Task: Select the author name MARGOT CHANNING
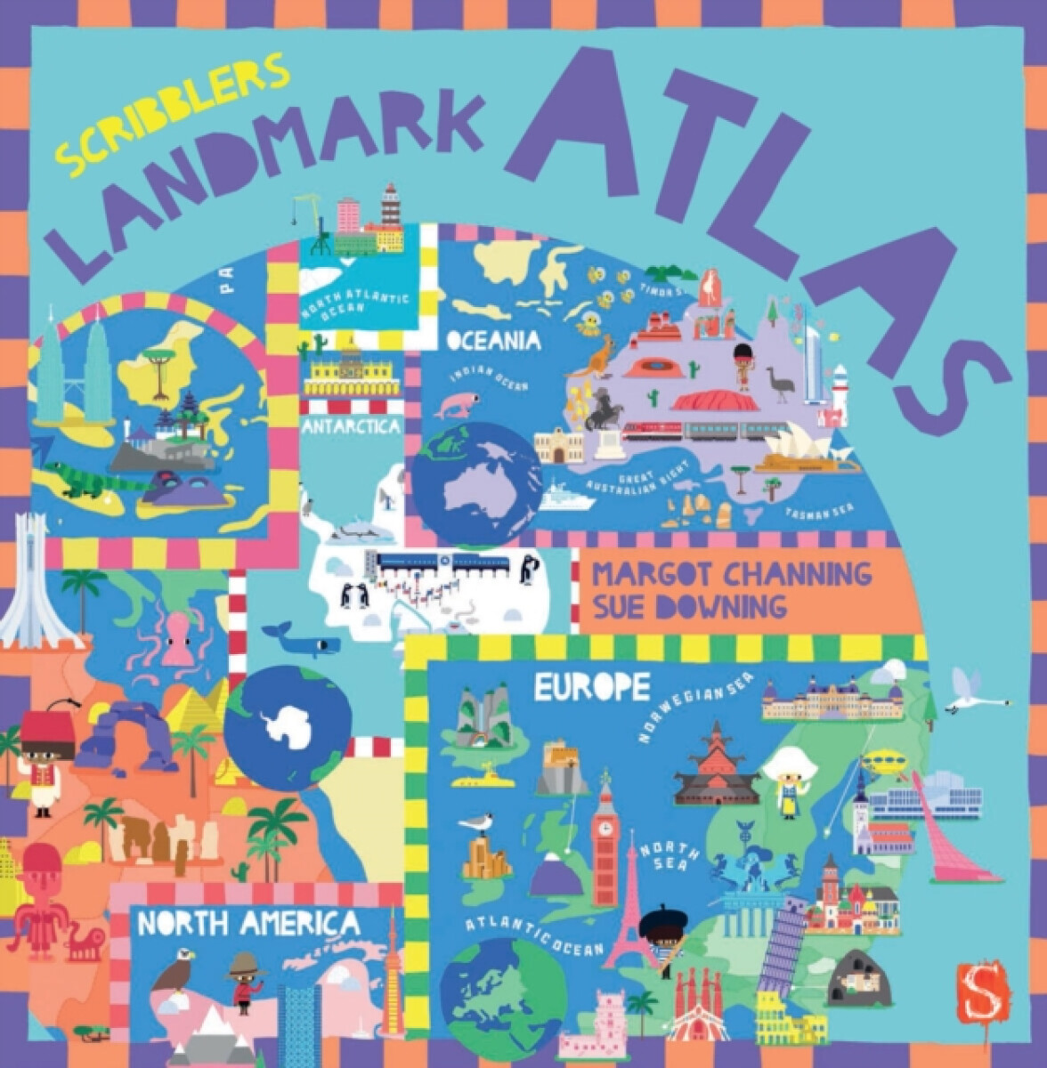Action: (732, 574)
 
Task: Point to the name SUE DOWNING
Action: (689, 607)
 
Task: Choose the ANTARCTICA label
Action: (351, 427)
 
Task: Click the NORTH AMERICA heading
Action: (249, 924)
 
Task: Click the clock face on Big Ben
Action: (606, 827)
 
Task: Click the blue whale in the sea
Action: (304, 639)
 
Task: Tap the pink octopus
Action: (178, 634)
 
